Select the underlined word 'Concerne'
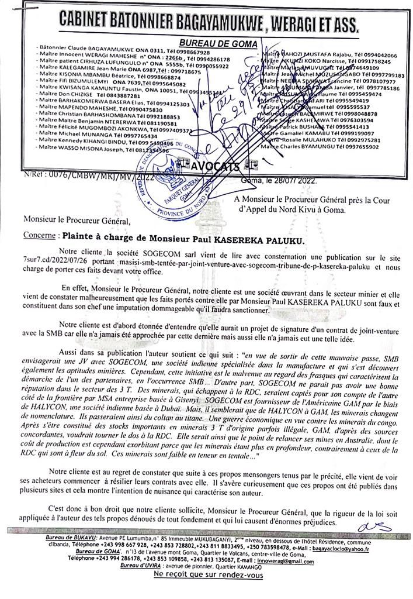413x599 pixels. (x=39, y=239)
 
